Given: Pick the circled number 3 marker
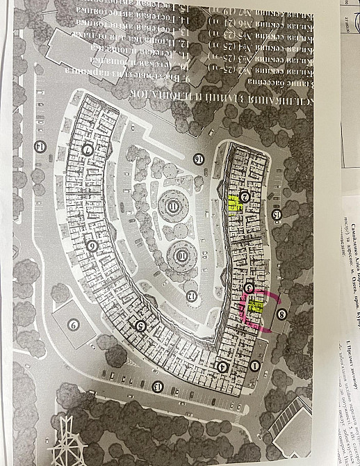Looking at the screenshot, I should pyautogui.click(x=249, y=287).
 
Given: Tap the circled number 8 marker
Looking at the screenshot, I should pyautogui.click(x=281, y=314).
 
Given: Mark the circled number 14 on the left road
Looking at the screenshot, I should pyautogui.click(x=40, y=145).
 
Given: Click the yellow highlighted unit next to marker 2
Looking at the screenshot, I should pyautogui.click(x=235, y=203).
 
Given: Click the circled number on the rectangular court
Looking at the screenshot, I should pyautogui.click(x=73, y=323).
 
